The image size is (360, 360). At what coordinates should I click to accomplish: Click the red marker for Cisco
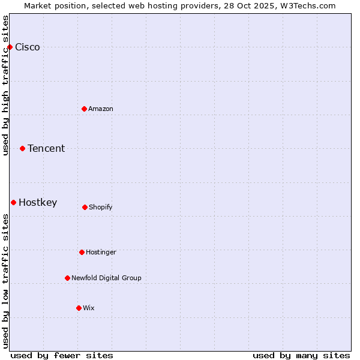(x=10, y=47)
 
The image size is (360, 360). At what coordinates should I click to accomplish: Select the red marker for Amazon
(x=84, y=109)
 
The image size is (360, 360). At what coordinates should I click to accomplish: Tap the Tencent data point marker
(x=22, y=148)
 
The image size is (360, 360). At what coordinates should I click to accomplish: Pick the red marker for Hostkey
(x=13, y=202)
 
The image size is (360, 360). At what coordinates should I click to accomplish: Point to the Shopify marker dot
(x=85, y=207)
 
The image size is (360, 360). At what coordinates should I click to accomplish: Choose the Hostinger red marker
(x=82, y=252)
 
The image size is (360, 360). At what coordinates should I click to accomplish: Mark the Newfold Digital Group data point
(x=67, y=278)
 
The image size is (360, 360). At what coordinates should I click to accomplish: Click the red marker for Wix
(x=79, y=308)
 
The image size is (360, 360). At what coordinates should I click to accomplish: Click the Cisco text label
(x=28, y=47)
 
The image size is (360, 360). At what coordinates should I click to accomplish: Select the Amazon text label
(x=101, y=109)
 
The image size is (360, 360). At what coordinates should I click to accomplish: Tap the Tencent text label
(x=46, y=149)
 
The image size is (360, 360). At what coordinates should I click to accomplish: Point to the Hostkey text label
(x=38, y=203)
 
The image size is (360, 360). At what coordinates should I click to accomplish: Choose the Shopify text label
(x=101, y=208)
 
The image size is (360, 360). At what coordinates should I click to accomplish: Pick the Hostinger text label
(x=101, y=253)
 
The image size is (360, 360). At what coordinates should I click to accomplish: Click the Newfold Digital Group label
(x=106, y=278)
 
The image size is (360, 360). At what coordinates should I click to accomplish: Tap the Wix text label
(x=89, y=308)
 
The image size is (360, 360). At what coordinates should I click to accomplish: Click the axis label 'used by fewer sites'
(x=62, y=355)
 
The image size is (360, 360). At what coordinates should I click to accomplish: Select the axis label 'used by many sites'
(x=301, y=355)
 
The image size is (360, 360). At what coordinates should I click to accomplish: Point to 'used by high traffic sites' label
(x=6, y=85)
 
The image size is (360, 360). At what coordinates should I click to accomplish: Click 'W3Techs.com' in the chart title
(x=306, y=5)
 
